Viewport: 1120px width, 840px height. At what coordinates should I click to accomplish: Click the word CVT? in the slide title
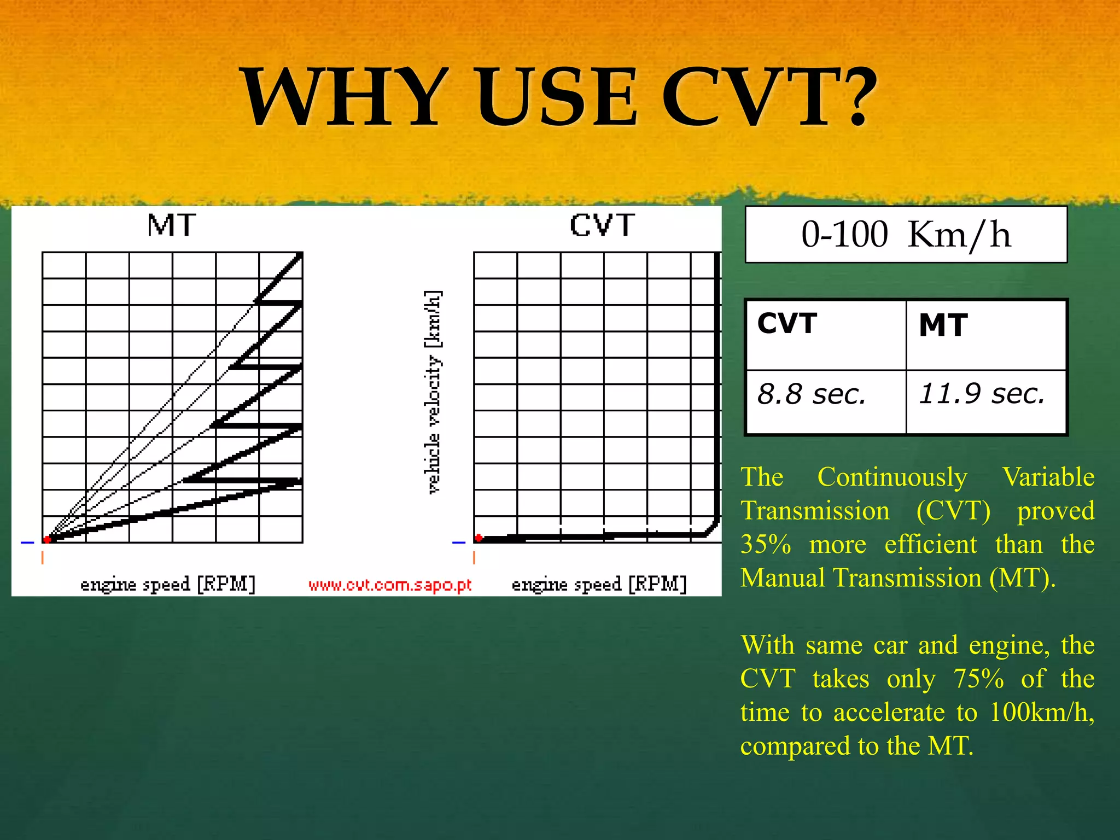point(768,97)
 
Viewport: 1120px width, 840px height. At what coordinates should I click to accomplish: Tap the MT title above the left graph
point(172,225)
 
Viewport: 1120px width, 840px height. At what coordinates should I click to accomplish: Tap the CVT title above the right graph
point(602,225)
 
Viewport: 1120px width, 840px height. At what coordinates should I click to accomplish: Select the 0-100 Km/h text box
point(906,235)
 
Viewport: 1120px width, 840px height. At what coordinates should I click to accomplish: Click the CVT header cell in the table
point(826,335)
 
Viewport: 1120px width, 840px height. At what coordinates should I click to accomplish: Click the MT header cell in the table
point(986,335)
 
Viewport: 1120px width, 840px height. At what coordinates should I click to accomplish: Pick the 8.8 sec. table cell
point(826,402)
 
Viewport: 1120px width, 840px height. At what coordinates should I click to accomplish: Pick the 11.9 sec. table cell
point(986,402)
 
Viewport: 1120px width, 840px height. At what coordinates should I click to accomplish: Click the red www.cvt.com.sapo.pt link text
point(389,585)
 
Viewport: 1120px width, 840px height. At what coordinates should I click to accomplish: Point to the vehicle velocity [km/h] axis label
point(433,392)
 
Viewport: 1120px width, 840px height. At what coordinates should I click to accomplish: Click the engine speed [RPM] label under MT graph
point(168,584)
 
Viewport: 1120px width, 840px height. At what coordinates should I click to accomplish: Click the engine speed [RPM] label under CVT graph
point(599,584)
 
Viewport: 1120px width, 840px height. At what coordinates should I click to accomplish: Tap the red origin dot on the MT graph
point(48,539)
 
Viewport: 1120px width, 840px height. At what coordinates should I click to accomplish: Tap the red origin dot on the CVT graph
point(479,538)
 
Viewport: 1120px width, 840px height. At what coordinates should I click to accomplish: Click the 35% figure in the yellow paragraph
point(766,545)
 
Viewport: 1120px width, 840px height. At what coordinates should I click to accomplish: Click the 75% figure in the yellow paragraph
point(978,679)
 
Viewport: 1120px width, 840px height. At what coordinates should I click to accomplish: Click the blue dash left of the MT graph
point(27,542)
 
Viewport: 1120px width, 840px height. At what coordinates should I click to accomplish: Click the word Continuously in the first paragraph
point(892,477)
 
